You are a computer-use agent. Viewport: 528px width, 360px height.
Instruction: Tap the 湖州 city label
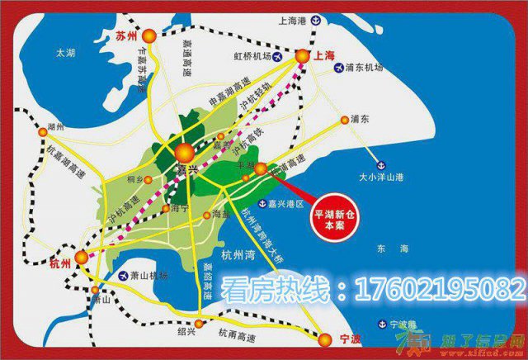tap(56, 128)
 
